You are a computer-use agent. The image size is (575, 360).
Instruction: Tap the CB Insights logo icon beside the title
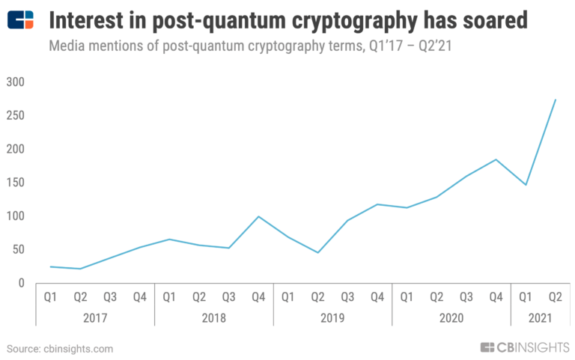point(20,19)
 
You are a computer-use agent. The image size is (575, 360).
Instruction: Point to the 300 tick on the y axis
point(16,82)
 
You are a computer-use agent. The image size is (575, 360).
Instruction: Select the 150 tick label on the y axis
point(16,183)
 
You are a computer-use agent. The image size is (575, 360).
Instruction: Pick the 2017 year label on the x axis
point(95,318)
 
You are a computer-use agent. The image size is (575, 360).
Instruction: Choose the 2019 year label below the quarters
point(332,318)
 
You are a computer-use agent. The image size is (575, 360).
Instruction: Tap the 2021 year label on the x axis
point(540,318)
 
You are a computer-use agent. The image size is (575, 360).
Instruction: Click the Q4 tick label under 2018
point(258,297)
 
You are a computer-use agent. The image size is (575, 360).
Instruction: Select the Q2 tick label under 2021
point(555,297)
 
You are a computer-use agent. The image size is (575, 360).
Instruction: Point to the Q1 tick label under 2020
point(407,297)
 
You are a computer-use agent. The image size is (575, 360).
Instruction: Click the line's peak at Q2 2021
point(555,100)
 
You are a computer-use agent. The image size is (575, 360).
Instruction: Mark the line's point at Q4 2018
point(258,216)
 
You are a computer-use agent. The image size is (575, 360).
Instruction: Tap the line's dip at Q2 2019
point(317,252)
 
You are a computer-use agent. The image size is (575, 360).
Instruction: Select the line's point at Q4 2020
point(496,159)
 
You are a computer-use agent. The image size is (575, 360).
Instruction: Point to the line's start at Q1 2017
point(50,266)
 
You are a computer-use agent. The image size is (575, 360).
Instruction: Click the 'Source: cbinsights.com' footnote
point(60,349)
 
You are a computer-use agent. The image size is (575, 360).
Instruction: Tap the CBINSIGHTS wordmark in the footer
point(524,347)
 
